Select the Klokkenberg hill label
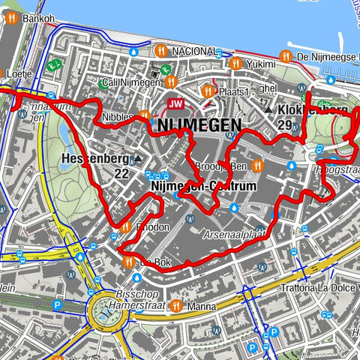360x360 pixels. coord(313,110)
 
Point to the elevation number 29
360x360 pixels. coord(284,124)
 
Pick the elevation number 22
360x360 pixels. coord(121,173)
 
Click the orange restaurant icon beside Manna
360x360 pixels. coord(175,306)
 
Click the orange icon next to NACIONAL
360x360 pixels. coord(160,51)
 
